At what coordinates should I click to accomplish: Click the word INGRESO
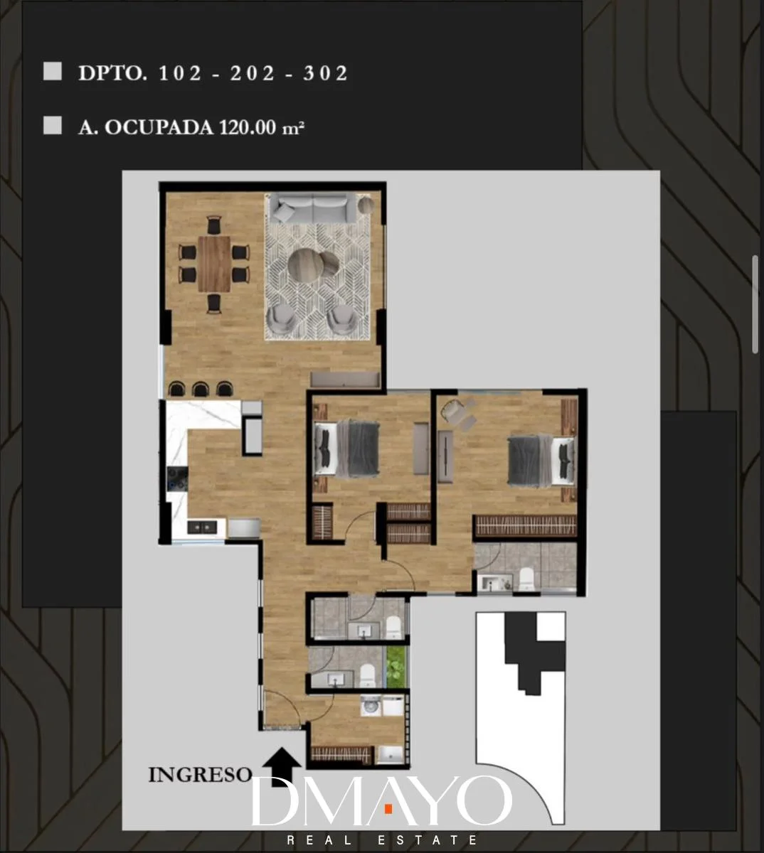tap(200, 775)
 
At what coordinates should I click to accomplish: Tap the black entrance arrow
tap(282, 767)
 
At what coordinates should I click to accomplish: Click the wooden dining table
tap(215, 264)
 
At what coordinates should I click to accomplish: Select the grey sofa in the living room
tap(313, 208)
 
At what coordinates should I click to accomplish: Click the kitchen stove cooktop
tap(177, 478)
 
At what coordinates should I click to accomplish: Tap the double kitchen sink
tap(202, 527)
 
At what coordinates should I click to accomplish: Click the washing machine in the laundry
tap(371, 706)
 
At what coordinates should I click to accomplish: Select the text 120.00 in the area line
tap(247, 127)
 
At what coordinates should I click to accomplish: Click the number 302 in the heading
tap(325, 73)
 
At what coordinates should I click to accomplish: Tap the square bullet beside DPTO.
tap(53, 71)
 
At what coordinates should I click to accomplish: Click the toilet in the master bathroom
tap(526, 579)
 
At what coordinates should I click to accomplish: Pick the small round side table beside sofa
tap(366, 205)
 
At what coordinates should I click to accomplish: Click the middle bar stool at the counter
tap(201, 388)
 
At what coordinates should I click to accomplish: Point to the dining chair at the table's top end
tap(214, 225)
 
